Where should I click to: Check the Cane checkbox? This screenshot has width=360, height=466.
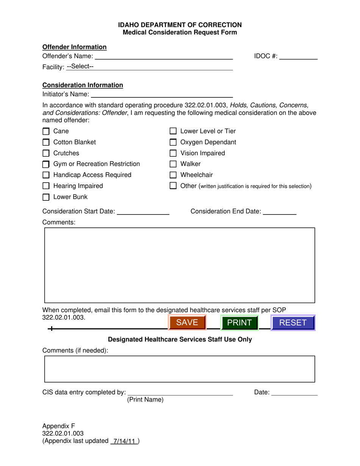[46, 132]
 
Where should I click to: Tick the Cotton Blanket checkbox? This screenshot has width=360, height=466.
[46, 143]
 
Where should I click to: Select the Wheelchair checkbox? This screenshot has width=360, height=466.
[173, 175]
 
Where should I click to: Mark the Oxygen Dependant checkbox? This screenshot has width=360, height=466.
[173, 142]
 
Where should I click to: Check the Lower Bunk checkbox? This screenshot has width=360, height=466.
[46, 197]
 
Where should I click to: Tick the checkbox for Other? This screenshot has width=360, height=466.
[173, 186]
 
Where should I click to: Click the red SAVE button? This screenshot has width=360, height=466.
[187, 323]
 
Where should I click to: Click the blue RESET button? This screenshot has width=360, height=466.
[293, 323]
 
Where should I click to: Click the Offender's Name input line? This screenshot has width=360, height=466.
[163, 56]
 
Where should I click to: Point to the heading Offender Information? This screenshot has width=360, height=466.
[74, 47]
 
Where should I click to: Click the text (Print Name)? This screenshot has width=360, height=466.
[145, 400]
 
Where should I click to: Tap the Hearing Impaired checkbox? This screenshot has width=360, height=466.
[46, 186]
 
